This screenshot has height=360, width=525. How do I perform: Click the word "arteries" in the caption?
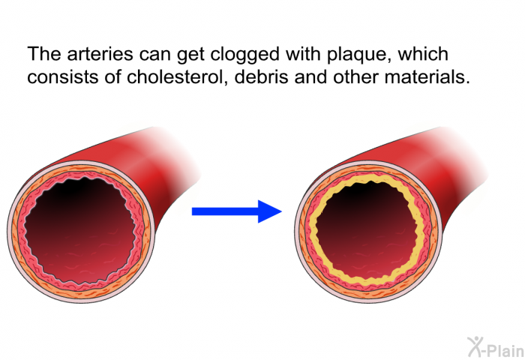pos(100,54)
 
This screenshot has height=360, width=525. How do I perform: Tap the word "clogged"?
pos(244,55)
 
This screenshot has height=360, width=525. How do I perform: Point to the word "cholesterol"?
pos(175,76)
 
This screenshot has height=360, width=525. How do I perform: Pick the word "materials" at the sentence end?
pos(427,76)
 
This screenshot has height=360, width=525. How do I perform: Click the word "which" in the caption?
pos(423,53)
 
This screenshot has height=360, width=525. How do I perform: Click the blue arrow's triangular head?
pos(268,211)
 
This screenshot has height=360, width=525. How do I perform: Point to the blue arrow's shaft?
pos(225,211)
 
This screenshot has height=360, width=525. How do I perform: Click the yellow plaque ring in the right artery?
pos(312,231)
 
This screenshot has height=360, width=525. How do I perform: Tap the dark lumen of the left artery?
pos(80,231)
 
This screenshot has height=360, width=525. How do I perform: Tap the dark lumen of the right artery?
pos(366,231)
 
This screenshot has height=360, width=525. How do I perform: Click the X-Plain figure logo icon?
pos(475,346)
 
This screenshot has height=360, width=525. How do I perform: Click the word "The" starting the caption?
pos(44,54)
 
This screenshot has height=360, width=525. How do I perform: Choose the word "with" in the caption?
pos(303,53)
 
